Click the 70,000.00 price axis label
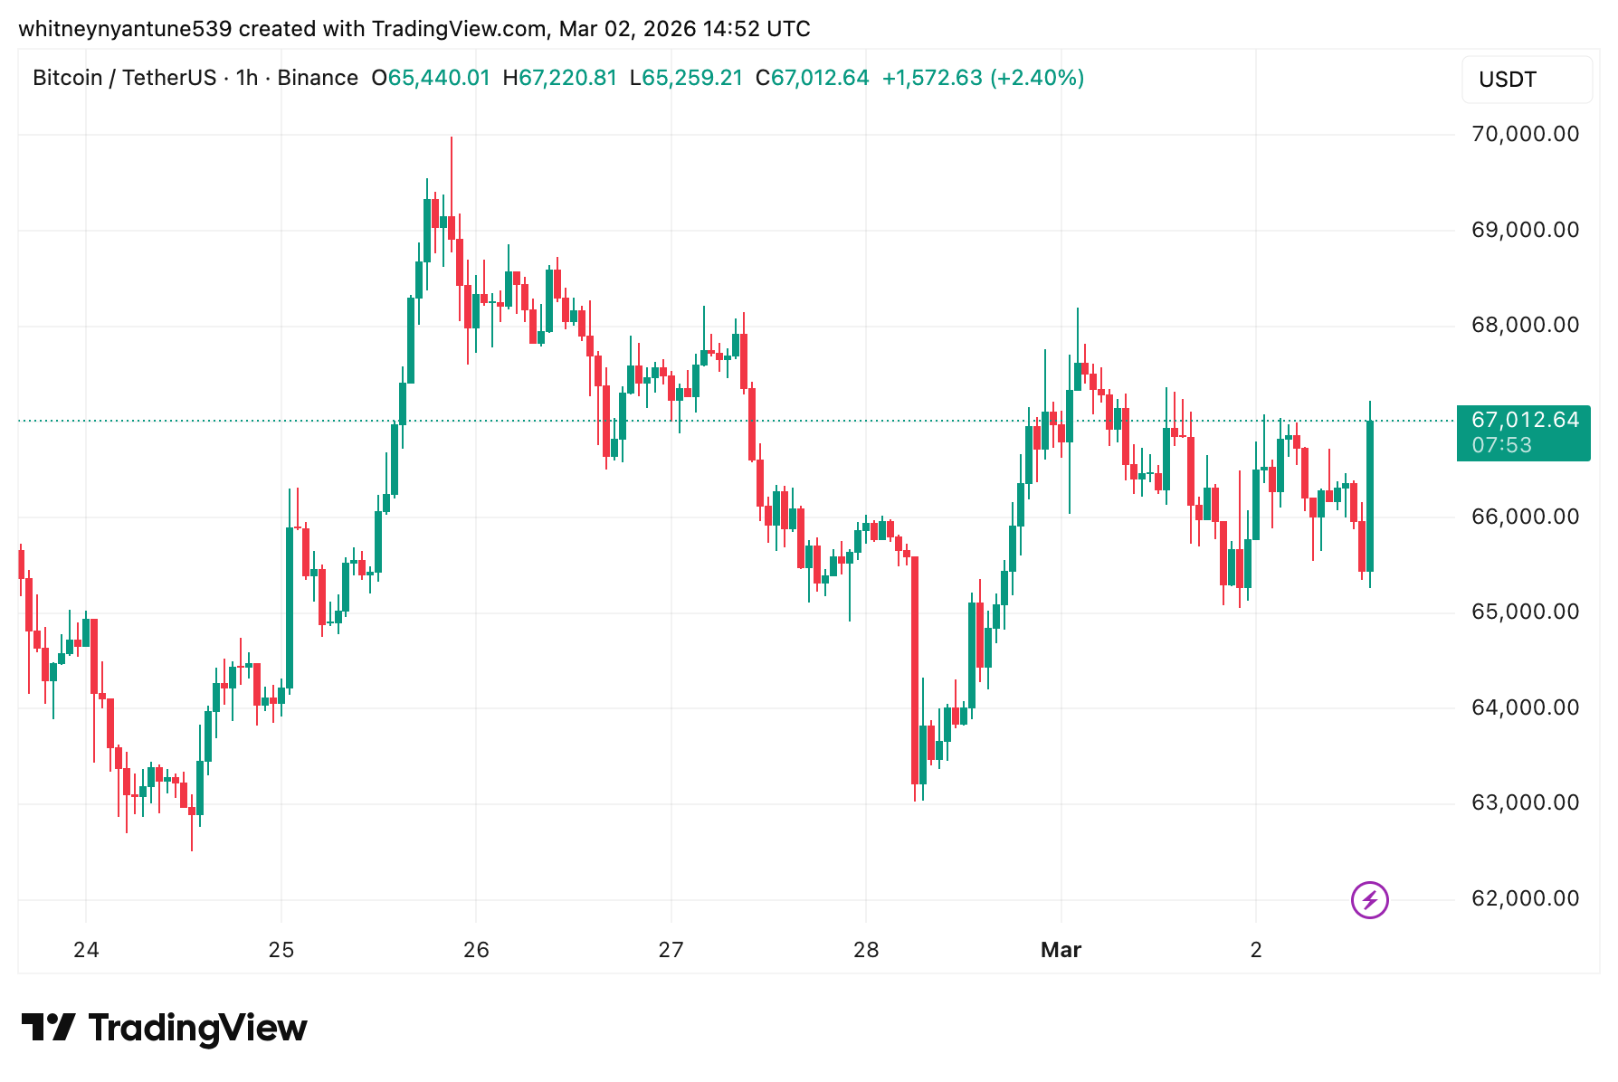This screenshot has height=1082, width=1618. tap(1525, 135)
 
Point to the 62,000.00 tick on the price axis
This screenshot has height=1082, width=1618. tap(1525, 898)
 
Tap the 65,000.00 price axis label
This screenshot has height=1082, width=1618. tap(1525, 612)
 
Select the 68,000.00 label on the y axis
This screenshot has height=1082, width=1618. tap(1525, 326)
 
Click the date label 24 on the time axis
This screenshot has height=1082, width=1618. tap(86, 950)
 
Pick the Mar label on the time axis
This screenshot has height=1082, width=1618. tap(1061, 950)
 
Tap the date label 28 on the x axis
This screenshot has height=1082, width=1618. tap(866, 950)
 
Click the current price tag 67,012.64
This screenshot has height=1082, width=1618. tap(1525, 421)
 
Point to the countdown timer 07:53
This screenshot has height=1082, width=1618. tap(1502, 445)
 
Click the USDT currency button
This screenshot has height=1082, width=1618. tap(1526, 80)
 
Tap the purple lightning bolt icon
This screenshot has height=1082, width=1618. tap(1369, 900)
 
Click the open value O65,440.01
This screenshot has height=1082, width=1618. tap(431, 78)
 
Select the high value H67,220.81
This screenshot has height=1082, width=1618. tap(560, 78)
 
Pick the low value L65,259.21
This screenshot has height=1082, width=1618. tap(686, 78)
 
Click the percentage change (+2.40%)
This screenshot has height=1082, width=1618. tap(1037, 78)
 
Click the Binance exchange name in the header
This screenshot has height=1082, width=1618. tap(318, 78)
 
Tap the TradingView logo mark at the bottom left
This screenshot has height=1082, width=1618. tap(48, 1028)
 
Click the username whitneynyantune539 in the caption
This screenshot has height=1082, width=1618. tap(126, 29)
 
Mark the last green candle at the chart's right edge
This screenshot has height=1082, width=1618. tap(1370, 496)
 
